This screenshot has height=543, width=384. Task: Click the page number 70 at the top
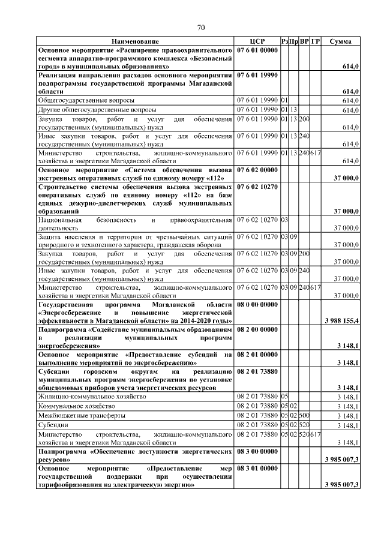pos(202,27)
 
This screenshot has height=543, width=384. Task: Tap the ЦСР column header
pos(257,41)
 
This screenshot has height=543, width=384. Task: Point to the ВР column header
pos(304,41)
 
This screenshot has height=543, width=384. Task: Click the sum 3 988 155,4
pos(341,322)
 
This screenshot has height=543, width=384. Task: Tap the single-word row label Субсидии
pos(53,424)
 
